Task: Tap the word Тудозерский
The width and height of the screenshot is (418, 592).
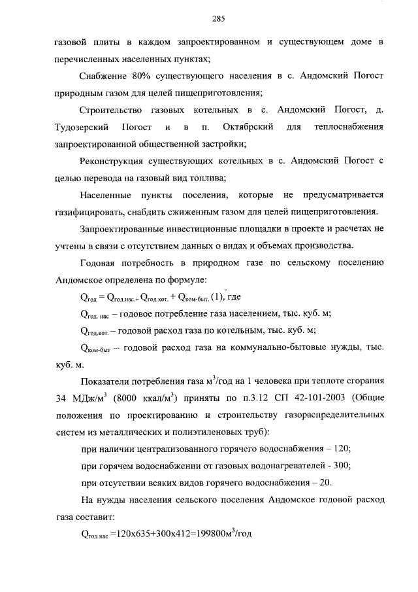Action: [x=82, y=126]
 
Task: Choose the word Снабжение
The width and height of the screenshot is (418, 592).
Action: [x=103, y=76]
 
